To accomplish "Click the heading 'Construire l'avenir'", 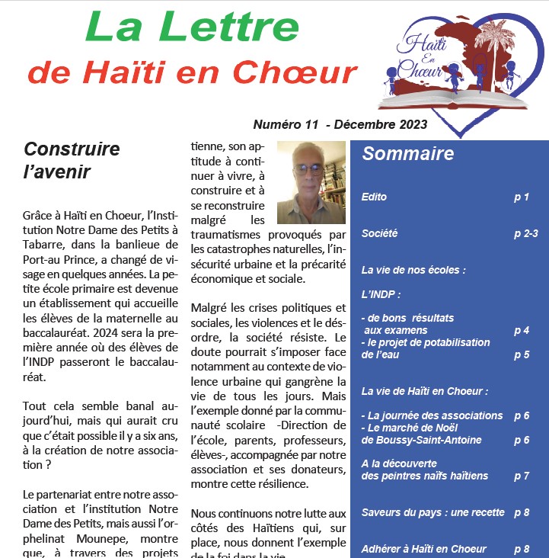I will pos(72,159).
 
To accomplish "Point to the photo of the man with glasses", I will pos(311,181).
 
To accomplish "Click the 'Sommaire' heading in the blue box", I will pos(408,154).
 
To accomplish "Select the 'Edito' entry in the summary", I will pos(375,197).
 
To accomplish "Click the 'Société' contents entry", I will pos(380,234).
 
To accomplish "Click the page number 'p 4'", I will pos(521,331).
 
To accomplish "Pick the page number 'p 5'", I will pos(521,354).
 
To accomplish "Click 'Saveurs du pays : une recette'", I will pos(433,512).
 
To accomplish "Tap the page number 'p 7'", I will pos(521,476).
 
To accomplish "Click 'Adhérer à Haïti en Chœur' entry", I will pos(424,549).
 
